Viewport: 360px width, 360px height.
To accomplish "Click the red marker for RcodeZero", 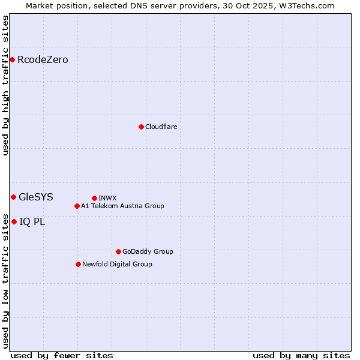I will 12,59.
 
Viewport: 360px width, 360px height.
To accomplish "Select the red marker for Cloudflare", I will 141,127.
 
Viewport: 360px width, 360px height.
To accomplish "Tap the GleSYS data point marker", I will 13,197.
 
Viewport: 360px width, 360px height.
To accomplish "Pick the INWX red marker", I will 94,198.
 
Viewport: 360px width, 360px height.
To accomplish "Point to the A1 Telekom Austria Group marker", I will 77,206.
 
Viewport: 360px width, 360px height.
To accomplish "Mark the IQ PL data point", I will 14,221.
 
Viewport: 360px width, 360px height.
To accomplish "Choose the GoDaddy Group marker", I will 118,251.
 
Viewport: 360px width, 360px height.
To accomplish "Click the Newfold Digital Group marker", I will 78,264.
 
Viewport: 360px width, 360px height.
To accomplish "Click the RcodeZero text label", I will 43,59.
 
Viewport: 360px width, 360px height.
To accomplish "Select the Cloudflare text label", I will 161,127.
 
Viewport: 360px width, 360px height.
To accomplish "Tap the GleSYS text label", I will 36,197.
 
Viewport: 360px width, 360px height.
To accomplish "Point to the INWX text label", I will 107,198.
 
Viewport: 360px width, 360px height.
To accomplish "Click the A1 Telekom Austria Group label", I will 122,206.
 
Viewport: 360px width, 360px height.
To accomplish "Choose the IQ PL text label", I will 32,221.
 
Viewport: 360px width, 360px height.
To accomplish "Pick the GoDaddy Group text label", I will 148,251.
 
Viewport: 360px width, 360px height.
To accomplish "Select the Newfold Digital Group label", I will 117,264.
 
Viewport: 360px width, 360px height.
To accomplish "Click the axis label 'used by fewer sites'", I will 62,355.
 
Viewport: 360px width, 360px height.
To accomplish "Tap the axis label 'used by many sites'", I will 301,355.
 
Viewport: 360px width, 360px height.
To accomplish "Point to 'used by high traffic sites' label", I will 6,85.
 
